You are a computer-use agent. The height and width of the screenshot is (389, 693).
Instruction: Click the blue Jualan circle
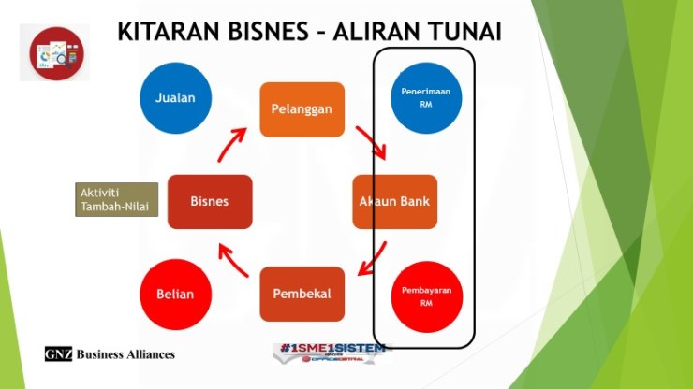click(x=175, y=98)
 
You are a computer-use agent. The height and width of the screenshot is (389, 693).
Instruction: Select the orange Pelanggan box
click(x=302, y=109)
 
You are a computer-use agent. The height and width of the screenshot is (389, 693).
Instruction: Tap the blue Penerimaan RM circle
click(x=426, y=98)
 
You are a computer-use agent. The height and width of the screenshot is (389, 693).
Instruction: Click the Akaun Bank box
click(x=394, y=201)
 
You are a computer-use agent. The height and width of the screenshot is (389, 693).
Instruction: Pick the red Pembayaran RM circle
click(x=426, y=295)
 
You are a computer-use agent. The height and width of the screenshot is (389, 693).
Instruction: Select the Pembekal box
click(x=302, y=294)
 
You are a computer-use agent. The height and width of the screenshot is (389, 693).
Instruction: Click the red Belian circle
click(x=175, y=294)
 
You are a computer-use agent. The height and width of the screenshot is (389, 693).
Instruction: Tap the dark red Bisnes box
click(x=210, y=201)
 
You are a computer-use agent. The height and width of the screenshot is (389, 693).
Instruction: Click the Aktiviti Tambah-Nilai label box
click(x=116, y=199)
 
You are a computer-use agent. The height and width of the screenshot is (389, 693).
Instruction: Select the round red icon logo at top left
click(x=54, y=52)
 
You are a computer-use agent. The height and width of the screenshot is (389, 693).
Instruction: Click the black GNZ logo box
click(x=58, y=354)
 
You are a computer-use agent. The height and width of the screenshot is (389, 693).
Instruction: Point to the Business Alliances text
click(x=125, y=354)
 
